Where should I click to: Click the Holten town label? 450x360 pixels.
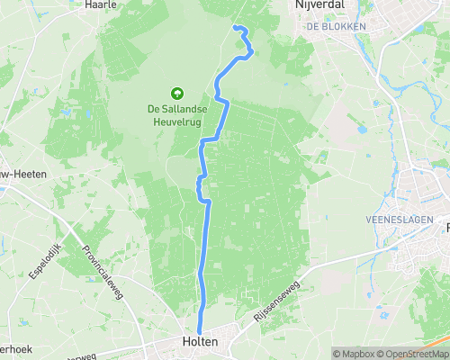(200, 342)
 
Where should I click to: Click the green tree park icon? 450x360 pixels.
(176, 92)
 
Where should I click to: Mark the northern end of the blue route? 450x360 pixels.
(235, 28)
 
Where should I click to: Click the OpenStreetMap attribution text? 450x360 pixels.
(411, 354)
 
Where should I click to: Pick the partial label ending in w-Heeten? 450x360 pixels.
(17, 188)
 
